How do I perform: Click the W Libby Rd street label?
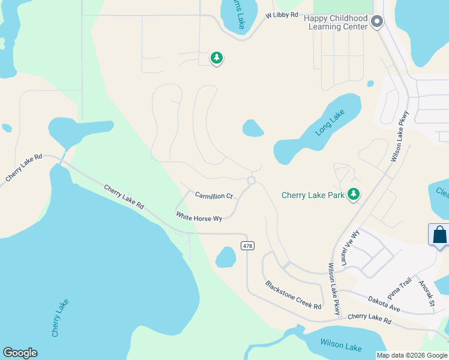(x=282, y=14)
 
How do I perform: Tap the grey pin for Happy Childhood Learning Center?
(x=377, y=22)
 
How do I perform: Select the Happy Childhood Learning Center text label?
(x=336, y=23)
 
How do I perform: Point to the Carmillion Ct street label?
(x=214, y=196)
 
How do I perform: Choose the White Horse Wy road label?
(x=199, y=216)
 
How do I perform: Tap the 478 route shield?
(x=247, y=245)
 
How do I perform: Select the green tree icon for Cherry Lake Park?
(x=354, y=194)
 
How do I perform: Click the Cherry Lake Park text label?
(x=313, y=195)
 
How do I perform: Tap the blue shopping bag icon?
(x=439, y=235)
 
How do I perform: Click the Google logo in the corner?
(x=20, y=353)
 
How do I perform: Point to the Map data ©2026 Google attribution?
(x=411, y=355)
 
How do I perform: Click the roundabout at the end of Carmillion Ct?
(x=252, y=181)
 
